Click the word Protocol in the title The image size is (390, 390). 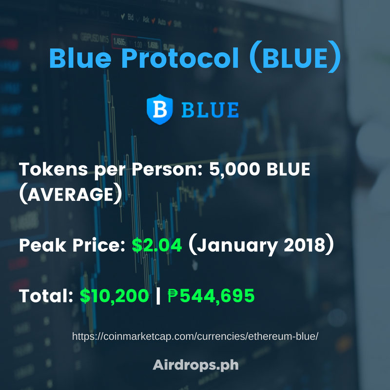point(180,58)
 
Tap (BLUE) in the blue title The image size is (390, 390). point(295,57)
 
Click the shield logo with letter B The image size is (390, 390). point(160,109)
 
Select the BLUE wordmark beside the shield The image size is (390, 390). point(210,110)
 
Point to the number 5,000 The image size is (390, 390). point(234,170)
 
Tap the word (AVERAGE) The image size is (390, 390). point(71,194)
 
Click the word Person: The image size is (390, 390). point(167,169)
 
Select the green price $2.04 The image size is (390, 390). point(157,245)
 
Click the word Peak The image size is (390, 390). point(42,246)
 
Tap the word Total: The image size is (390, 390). point(46,296)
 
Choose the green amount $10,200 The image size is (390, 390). point(115,296)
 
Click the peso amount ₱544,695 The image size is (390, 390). point(211,296)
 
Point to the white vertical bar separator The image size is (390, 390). point(158,296)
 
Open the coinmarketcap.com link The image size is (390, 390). point(195,336)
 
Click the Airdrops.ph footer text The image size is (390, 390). point(195,365)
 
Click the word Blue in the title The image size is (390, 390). point(80,58)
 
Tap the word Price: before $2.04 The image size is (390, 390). point(99,246)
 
